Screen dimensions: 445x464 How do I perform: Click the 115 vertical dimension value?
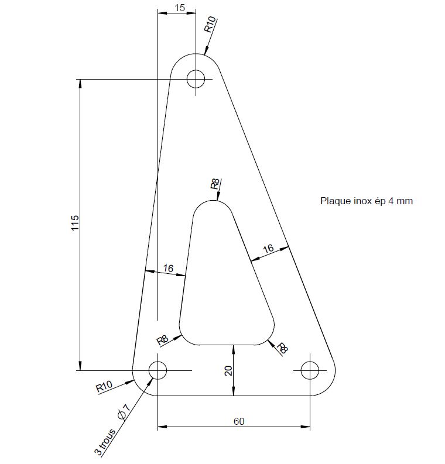75,223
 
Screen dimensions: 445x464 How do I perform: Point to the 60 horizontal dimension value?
239,421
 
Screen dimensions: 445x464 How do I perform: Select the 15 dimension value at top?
180,8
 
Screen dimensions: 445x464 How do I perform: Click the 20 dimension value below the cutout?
228,370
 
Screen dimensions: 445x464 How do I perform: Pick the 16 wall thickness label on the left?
168,269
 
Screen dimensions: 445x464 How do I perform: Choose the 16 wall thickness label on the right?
268,248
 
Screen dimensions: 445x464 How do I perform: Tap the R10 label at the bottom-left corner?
104,386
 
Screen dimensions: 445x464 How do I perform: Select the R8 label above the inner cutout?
215,184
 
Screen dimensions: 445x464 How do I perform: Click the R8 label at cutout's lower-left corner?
162,341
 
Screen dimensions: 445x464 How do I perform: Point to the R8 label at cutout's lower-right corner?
282,348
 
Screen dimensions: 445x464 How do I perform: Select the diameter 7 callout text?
124,411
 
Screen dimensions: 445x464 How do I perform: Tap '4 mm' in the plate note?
400,201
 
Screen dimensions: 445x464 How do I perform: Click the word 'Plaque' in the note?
336,201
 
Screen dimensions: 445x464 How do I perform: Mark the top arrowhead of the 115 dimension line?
80,84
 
